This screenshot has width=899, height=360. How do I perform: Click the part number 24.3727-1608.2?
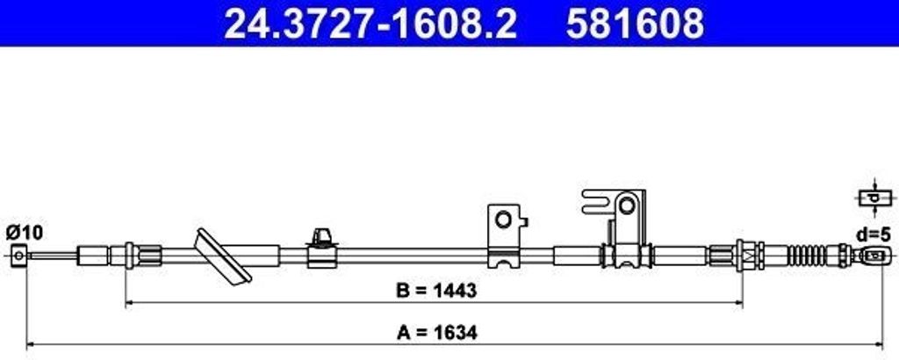point(370,23)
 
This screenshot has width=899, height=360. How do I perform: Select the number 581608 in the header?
point(635,23)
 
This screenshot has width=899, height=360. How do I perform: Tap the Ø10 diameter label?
point(24,233)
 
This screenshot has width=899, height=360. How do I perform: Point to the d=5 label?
point(874,234)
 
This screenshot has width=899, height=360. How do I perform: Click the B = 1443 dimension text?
point(436,291)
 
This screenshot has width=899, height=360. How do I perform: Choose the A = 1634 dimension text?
point(436,332)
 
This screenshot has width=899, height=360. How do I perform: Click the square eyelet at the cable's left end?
point(19,256)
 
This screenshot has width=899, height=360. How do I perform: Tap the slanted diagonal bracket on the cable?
point(222,256)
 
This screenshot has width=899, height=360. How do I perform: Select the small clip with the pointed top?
point(321,248)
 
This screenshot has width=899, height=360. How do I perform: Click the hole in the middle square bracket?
point(503,220)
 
